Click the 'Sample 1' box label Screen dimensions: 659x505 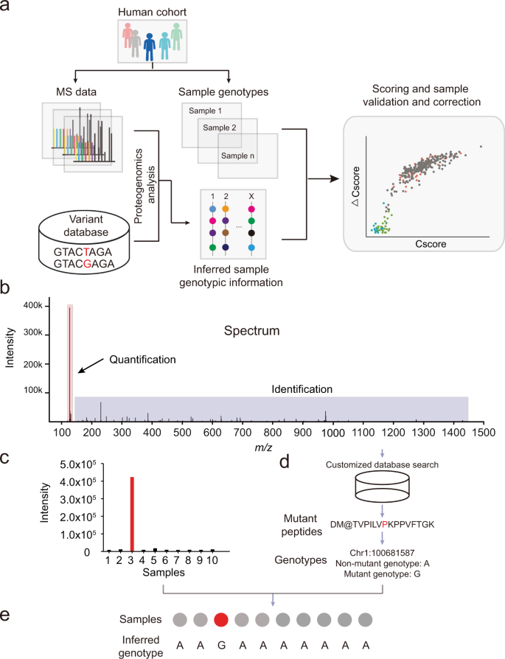(206, 111)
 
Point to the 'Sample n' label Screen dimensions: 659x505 (237, 156)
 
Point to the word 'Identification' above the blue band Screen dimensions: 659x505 (303, 388)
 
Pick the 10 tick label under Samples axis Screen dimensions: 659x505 (213, 562)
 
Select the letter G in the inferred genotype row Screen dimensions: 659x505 (220, 644)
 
